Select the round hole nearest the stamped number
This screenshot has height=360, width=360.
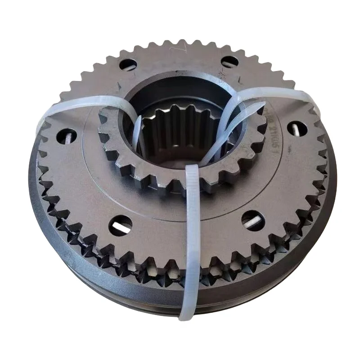click(x=297, y=129)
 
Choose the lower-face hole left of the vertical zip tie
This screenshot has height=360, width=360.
click(x=121, y=225)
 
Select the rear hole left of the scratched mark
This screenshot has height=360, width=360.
click(x=128, y=65)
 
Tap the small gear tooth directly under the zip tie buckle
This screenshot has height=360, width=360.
click(x=191, y=187)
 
